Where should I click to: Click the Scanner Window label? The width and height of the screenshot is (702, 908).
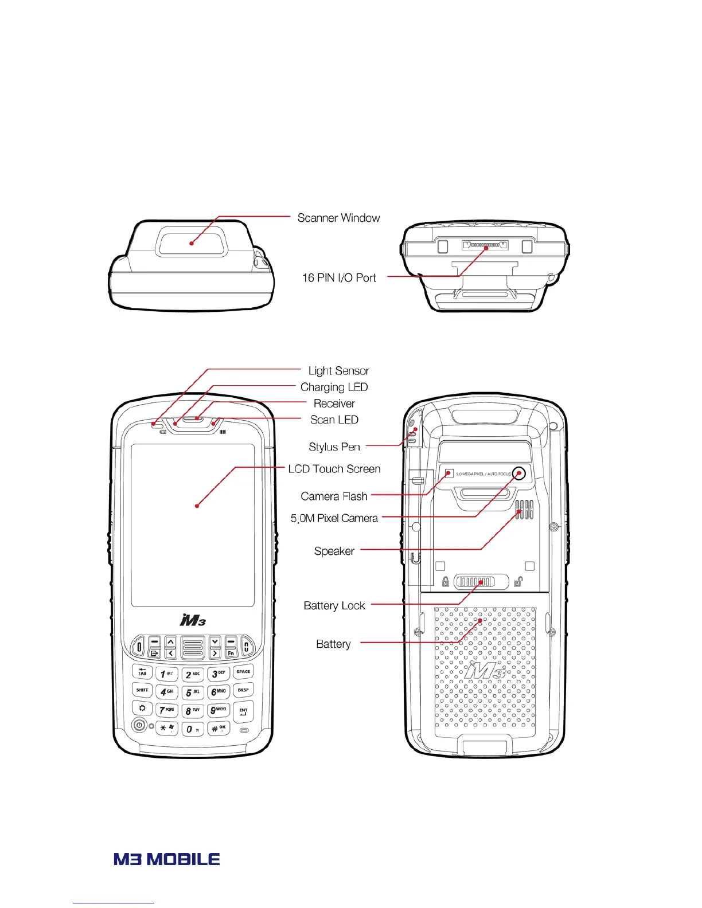click(338, 218)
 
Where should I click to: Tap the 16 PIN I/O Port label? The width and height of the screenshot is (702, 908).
click(339, 278)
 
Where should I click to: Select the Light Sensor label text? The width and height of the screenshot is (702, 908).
click(338, 371)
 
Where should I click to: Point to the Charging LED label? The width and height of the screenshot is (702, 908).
click(334, 388)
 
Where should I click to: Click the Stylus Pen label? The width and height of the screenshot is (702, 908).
click(334, 447)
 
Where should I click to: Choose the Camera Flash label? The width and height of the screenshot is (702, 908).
click(334, 496)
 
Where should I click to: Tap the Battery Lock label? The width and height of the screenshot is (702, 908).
click(334, 606)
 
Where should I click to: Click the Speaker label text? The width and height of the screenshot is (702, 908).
click(334, 551)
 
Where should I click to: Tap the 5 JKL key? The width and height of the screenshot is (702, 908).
click(193, 692)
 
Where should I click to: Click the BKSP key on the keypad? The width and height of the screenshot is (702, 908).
click(243, 690)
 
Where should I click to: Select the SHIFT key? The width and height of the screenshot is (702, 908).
click(142, 690)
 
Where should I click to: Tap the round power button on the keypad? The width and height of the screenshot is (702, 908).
click(139, 725)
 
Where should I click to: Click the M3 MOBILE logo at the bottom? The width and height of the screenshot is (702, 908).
click(167, 859)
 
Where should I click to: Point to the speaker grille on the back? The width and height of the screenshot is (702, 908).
click(524, 510)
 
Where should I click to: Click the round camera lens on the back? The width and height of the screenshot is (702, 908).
click(518, 473)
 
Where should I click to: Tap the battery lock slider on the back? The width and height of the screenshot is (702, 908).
click(482, 582)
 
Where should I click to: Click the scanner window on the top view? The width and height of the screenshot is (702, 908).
click(192, 241)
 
